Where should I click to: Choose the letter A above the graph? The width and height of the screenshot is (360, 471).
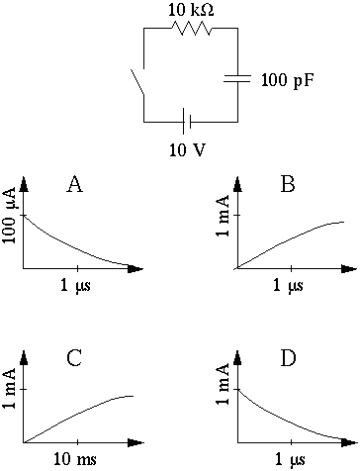pos(74,184)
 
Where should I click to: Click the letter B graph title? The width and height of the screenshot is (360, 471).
pos(288,184)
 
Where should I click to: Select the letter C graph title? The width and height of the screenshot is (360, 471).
pos(74,358)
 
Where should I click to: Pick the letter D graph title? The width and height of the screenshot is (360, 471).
pos(288,358)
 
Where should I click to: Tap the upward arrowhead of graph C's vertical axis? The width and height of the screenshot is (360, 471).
pos(24,360)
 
